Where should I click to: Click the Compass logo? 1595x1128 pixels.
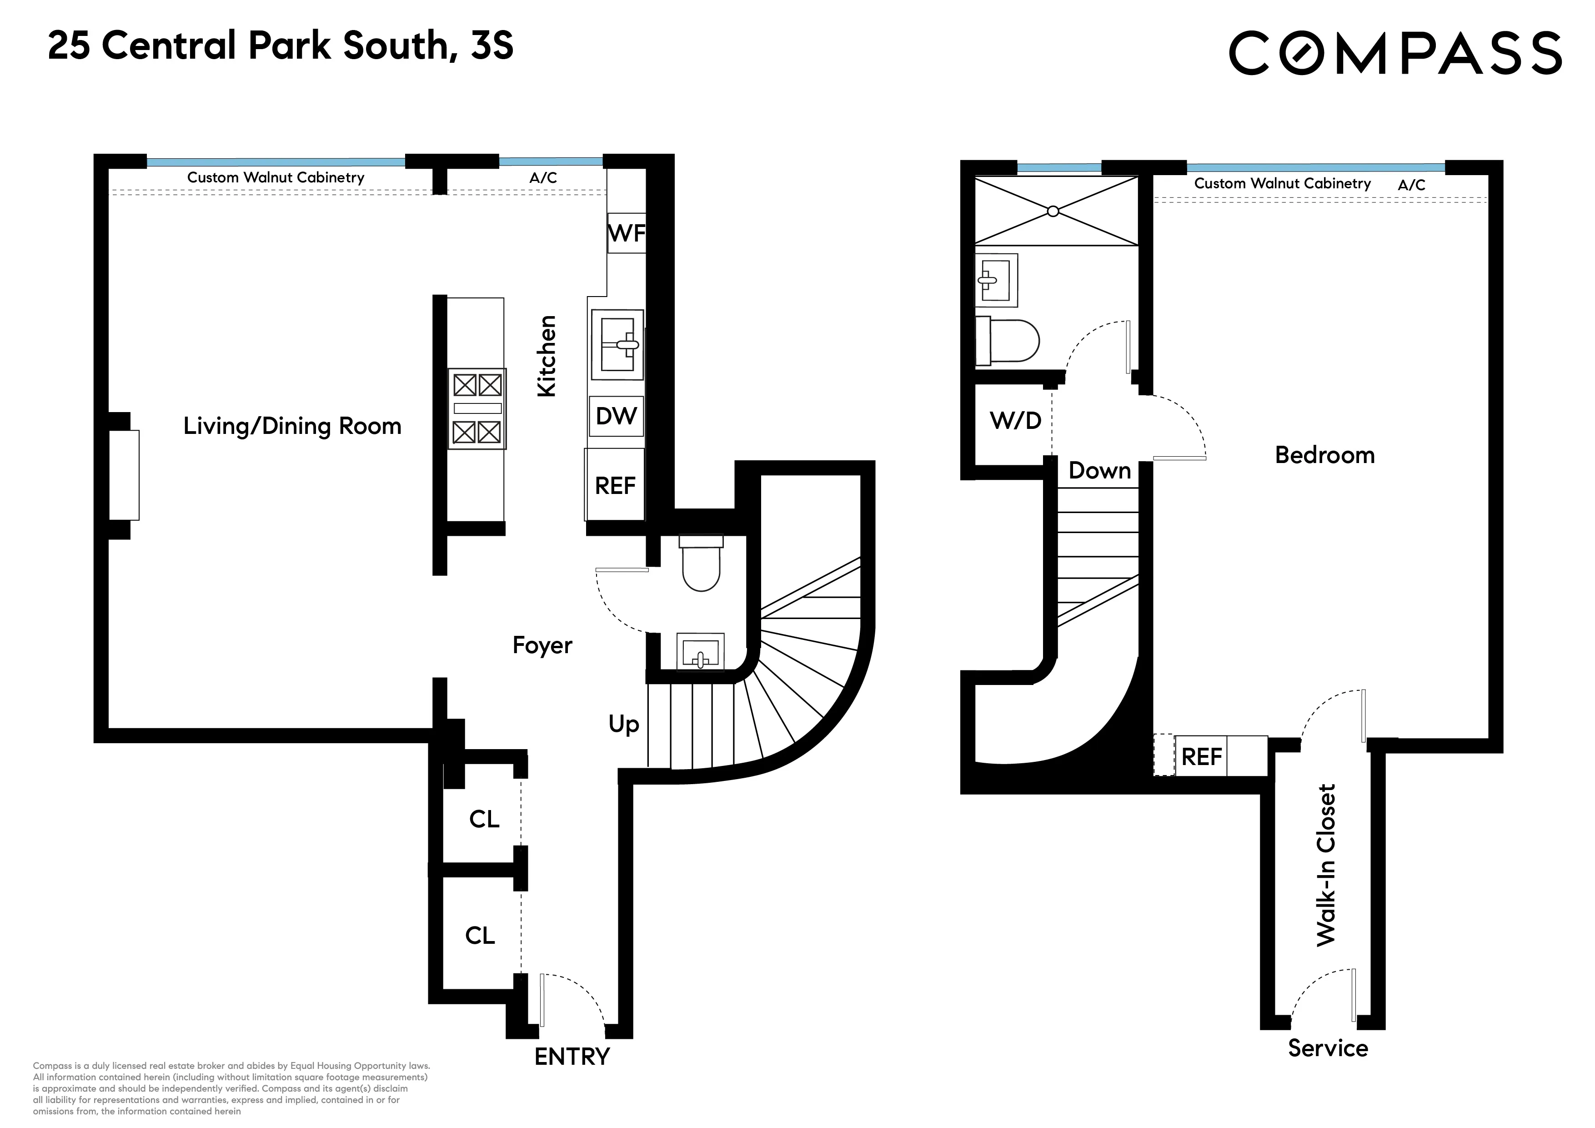(1395, 52)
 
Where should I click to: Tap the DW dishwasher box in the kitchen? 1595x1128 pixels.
(616, 416)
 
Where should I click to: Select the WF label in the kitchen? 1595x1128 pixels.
(627, 233)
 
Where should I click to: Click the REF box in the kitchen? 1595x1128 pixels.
(615, 485)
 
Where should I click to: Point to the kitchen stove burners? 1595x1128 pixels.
(476, 408)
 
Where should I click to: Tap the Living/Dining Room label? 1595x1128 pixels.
(292, 426)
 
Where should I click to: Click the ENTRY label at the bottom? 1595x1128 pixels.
(572, 1057)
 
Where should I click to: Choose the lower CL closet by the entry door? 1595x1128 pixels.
(480, 936)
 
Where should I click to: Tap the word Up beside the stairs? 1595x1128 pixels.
(623, 724)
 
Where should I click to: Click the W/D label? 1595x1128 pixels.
(1015, 420)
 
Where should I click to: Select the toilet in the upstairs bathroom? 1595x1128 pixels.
(1007, 341)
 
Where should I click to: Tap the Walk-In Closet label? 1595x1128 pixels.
(1325, 865)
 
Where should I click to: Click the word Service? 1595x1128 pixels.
(1328, 1048)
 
